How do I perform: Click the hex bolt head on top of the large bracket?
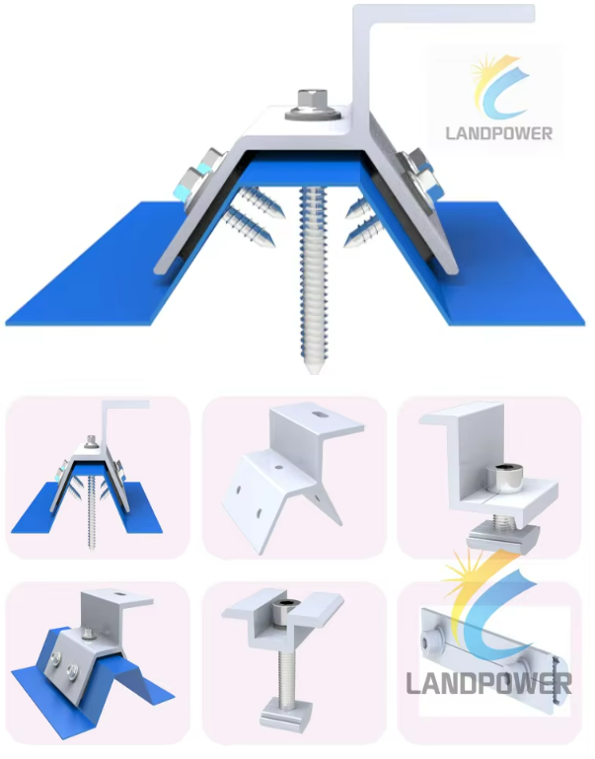(x=313, y=100)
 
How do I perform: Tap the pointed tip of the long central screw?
(x=313, y=371)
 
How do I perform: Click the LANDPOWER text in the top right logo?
(x=499, y=133)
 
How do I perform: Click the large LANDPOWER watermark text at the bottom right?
(x=488, y=683)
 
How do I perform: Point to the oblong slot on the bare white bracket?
(x=318, y=415)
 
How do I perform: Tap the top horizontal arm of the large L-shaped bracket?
(x=444, y=14)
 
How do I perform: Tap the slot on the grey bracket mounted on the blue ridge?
(x=117, y=594)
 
